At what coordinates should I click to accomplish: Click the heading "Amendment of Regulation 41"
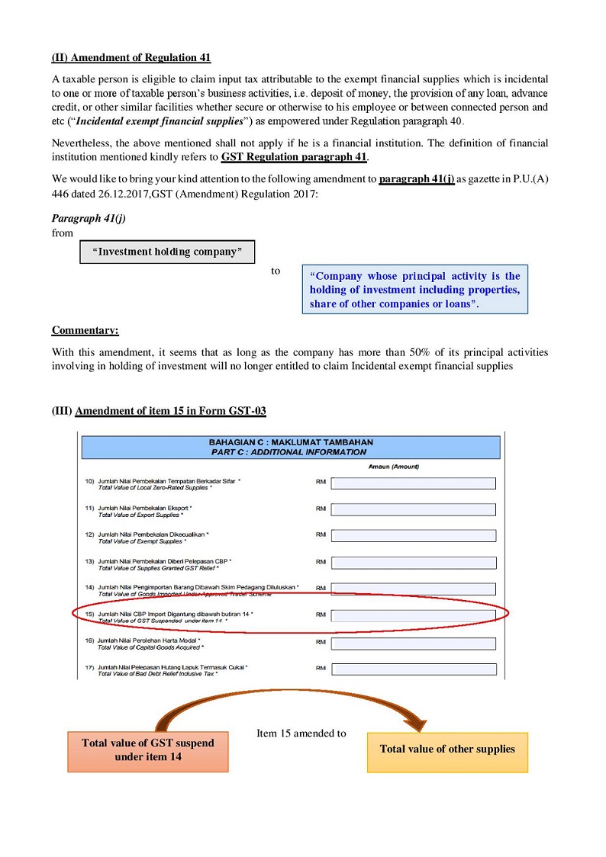tap(131, 58)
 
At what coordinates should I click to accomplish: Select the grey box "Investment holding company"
tap(166, 252)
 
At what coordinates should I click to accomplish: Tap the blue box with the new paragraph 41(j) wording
tap(414, 290)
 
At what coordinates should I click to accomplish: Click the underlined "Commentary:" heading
tap(85, 330)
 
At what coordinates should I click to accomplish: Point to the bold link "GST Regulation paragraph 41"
tap(294, 158)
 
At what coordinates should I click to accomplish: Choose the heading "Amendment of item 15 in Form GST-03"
tap(170, 411)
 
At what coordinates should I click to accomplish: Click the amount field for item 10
tap(413, 483)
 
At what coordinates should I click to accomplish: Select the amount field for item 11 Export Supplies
tap(413, 509)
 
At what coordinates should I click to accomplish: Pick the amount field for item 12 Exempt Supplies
tap(413, 536)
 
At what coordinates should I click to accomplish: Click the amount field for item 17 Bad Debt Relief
tap(413, 669)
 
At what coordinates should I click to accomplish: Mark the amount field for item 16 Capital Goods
tap(413, 643)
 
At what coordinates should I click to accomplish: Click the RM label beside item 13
tap(321, 563)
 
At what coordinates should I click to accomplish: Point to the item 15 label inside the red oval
tap(176, 617)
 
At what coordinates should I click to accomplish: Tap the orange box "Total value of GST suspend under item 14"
tap(148, 750)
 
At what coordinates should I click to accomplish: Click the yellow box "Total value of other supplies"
tap(447, 749)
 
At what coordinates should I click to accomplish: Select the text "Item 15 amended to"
tap(301, 733)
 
